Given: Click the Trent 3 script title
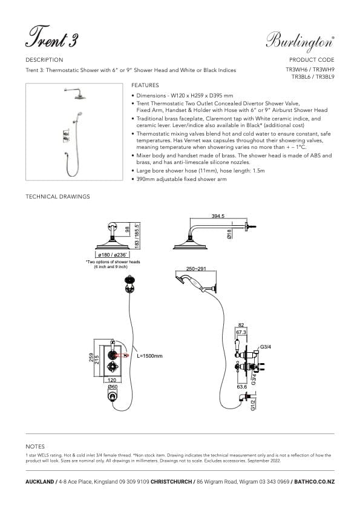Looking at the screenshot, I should (51, 38).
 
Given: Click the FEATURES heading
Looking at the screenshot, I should (145, 86).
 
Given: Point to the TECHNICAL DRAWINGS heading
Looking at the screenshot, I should (57, 197).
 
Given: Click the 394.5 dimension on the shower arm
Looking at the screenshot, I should (218, 216).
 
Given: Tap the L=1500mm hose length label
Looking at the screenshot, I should (150, 356).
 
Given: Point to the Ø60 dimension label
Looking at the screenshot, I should (112, 386).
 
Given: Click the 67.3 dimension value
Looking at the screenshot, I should (241, 332).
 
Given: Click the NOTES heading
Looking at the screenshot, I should (35, 446).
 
